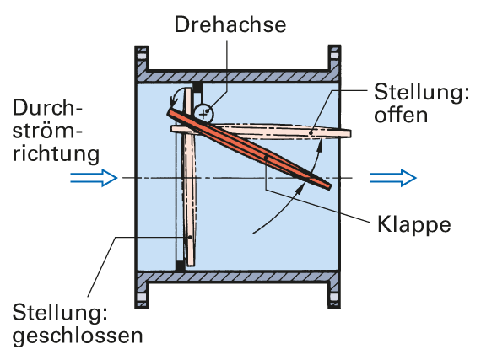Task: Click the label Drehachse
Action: pyautogui.click(x=230, y=24)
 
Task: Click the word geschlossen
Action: pyautogui.click(x=78, y=336)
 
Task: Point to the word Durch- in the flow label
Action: pyautogui.click(x=47, y=107)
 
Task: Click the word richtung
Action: pyautogui.click(x=57, y=153)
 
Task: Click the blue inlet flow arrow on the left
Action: pyautogui.click(x=94, y=178)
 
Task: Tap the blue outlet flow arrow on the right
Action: pyautogui.click(x=393, y=178)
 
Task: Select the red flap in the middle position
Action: pyautogui.click(x=249, y=149)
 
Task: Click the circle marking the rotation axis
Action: pyautogui.click(x=203, y=114)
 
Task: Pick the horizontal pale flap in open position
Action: pyautogui.click(x=261, y=132)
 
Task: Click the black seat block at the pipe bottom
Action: pyautogui.click(x=180, y=266)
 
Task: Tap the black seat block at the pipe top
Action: pyautogui.click(x=197, y=88)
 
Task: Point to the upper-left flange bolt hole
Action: pyautogui.click(x=141, y=56)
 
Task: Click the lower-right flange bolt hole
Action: pyautogui.click(x=334, y=297)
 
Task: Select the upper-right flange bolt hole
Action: pyautogui.click(x=334, y=56)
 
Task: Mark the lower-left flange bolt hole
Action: pyautogui.click(x=141, y=297)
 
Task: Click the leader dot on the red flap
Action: pyautogui.click(x=267, y=158)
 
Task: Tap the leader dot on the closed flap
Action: pyautogui.click(x=190, y=237)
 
